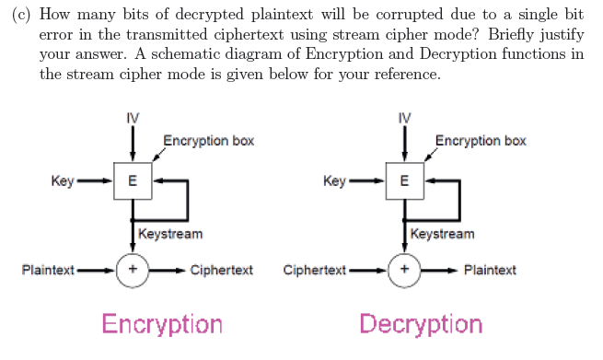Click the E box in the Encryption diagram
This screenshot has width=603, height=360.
click(133, 180)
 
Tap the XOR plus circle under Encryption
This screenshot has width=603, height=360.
click(133, 270)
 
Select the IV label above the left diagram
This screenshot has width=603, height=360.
click(133, 119)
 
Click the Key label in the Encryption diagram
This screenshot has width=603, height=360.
click(63, 180)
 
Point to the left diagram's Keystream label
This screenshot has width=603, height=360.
click(170, 234)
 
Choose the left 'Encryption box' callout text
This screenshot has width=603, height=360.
click(209, 141)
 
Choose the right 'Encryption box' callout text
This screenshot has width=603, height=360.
click(481, 141)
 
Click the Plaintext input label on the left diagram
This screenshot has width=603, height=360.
click(49, 270)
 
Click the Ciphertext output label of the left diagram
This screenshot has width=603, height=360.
click(222, 270)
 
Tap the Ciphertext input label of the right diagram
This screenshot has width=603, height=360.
click(315, 270)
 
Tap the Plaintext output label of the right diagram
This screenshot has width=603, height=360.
click(490, 270)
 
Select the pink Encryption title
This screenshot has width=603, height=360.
click(162, 324)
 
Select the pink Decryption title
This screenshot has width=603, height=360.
click(421, 324)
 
